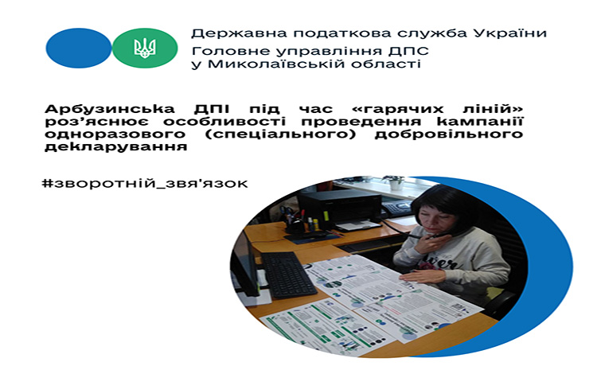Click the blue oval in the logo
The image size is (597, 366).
[x=79, y=48]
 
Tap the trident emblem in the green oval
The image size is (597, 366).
[x=145, y=48]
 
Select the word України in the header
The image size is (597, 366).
[x=509, y=33]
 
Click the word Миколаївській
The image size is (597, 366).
[x=277, y=63]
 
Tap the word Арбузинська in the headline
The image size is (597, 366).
[x=110, y=109]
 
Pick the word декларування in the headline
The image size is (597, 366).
[x=115, y=147]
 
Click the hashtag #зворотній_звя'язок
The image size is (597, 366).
[x=145, y=183]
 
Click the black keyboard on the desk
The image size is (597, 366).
[x=288, y=274]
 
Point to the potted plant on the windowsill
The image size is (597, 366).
[x=395, y=182]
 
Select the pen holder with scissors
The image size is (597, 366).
[x=293, y=222]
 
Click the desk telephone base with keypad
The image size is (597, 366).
[x=396, y=208]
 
